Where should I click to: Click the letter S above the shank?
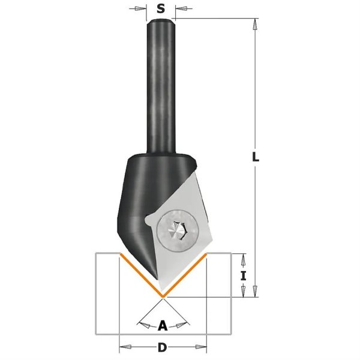point(161,9)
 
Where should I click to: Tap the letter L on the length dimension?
point(256,157)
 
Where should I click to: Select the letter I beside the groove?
point(244,276)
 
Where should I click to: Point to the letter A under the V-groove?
point(163,326)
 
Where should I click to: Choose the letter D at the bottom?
point(163,347)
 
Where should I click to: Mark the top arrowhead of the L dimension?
point(255,24)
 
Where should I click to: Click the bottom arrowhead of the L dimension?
point(255,291)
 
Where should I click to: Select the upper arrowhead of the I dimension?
point(244,259)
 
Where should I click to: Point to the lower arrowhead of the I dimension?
point(244,291)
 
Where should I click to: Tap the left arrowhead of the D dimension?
point(125,346)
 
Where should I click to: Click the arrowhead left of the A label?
point(145,325)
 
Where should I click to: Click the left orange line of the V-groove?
point(141,275)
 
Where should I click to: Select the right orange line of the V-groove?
point(185,275)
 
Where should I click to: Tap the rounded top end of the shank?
point(161,20)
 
